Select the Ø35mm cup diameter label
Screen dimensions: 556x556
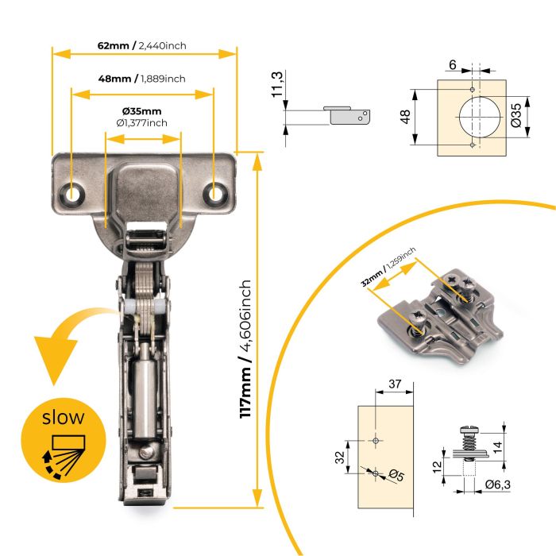coord(141,110)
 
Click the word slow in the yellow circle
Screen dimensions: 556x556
coord(64,415)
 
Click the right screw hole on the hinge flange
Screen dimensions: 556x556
coord(215,192)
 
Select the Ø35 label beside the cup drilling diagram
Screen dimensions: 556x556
coord(515,116)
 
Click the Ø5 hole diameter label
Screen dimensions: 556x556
coord(396,475)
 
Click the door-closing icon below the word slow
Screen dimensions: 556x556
coord(61,453)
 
